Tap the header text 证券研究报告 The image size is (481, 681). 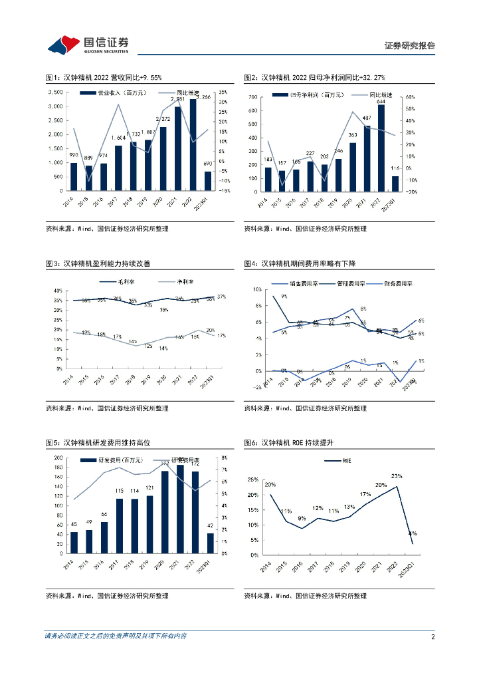[410, 46]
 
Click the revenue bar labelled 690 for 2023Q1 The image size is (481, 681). [207, 181]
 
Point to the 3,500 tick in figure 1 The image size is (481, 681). [56, 92]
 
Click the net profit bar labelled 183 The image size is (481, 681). [268, 180]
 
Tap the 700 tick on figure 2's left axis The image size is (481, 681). [252, 96]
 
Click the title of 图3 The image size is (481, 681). [98, 263]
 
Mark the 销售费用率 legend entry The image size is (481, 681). [306, 283]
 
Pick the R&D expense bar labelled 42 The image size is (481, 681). [210, 543]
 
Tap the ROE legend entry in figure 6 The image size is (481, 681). [347, 460]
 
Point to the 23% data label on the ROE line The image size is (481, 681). [396, 476]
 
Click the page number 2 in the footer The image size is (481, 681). [433, 636]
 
